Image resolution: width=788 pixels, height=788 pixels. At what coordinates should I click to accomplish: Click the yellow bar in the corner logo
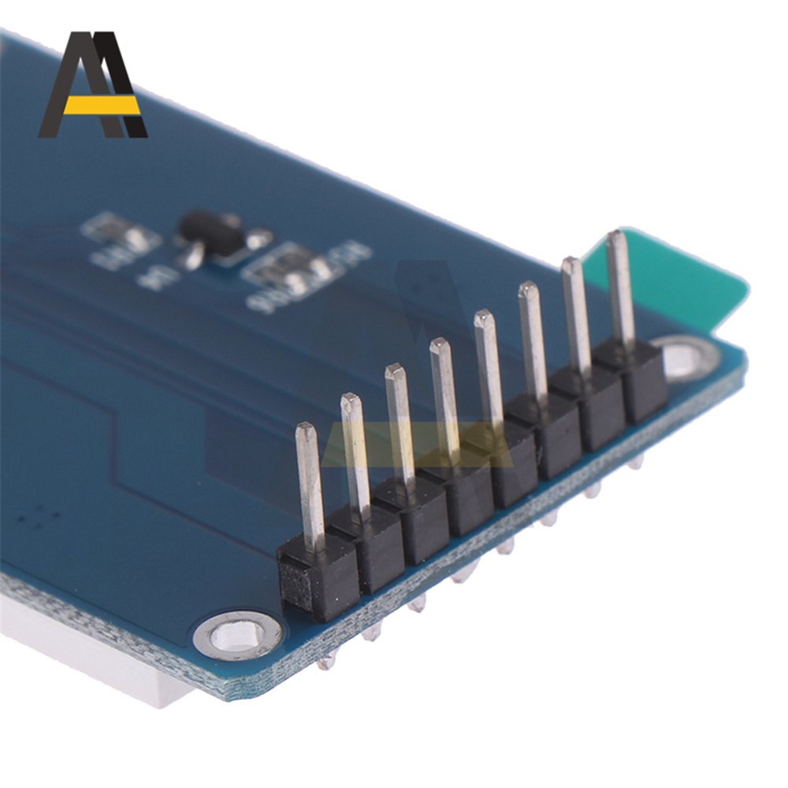click(101, 105)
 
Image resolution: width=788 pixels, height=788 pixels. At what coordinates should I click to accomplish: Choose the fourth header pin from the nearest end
click(444, 402)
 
